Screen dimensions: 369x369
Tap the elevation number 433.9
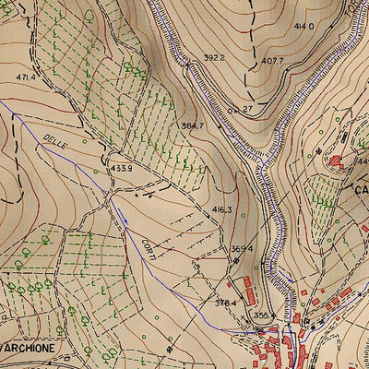tap(122, 168)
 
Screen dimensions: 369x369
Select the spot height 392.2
tap(214, 57)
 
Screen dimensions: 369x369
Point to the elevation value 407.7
tap(271, 62)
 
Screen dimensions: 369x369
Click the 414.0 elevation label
tap(304, 27)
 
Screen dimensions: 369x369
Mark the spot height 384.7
tap(192, 125)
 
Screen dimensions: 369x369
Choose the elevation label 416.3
tap(221, 210)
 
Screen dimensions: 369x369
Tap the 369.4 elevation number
tap(242, 248)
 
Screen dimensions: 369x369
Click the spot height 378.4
tap(226, 303)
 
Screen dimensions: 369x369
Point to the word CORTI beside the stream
tap(148, 247)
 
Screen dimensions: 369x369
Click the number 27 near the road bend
tap(247, 109)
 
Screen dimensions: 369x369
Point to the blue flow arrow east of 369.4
tap(288, 279)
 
